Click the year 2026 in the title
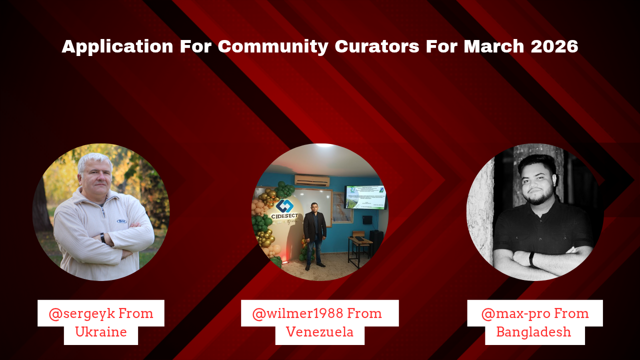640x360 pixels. tap(554, 46)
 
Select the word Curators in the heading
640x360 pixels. tap(377, 46)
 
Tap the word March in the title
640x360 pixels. tap(494, 46)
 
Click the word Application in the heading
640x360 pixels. tap(117, 47)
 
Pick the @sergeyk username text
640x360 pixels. tap(81, 314)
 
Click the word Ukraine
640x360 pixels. tap(101, 332)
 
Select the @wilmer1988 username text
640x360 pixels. tap(297, 313)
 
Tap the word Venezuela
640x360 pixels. tap(319, 332)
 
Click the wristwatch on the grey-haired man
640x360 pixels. tap(103, 238)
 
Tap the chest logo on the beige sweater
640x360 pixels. tap(121, 221)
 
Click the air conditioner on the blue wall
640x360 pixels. tap(312, 181)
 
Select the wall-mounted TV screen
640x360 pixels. tap(365, 197)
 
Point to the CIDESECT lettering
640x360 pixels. tap(284, 216)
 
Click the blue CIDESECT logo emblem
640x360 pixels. tap(284, 205)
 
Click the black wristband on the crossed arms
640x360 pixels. tap(531, 259)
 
